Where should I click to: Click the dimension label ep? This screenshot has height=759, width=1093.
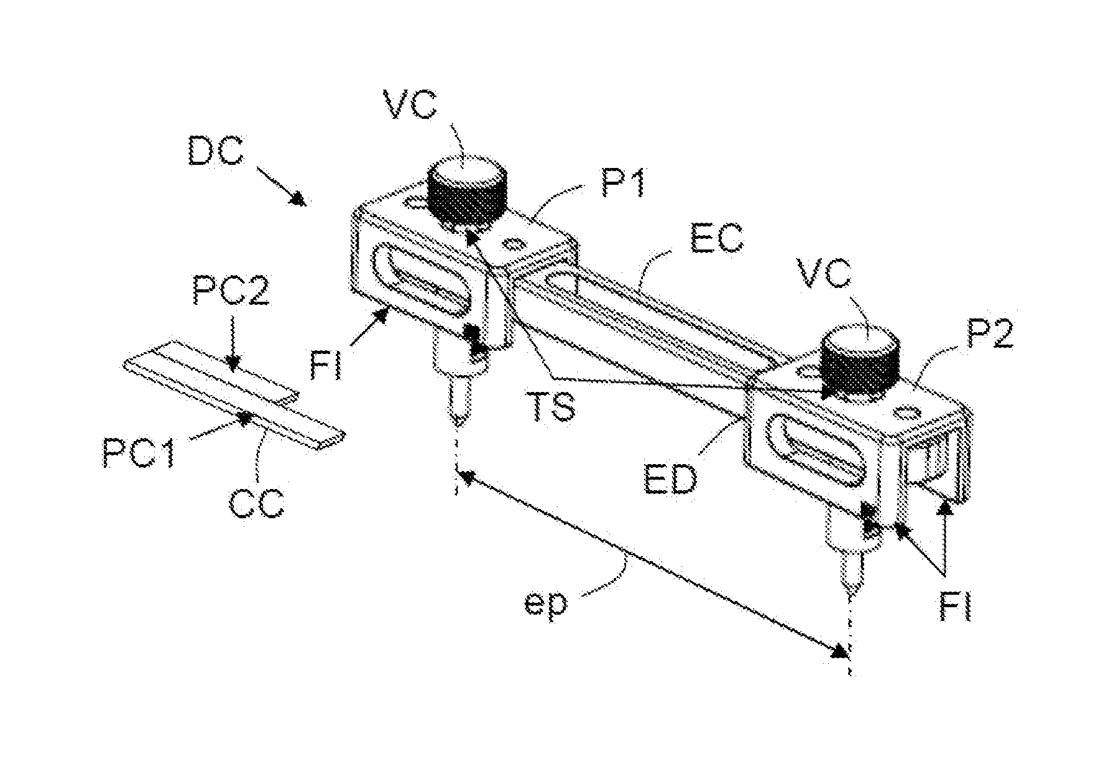545,604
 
